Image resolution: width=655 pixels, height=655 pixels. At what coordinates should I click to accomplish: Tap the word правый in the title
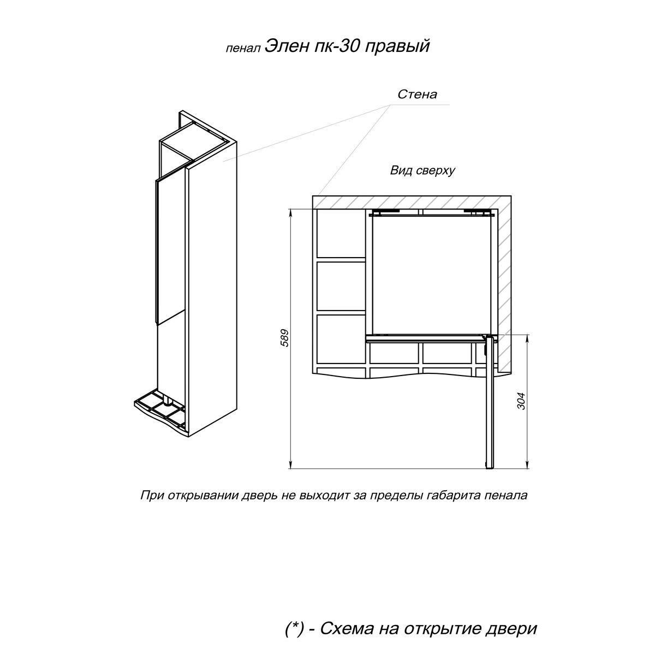click(x=397, y=47)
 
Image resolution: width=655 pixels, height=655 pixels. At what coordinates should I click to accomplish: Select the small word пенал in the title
click(x=243, y=49)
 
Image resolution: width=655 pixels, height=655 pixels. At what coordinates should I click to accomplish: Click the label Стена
click(x=417, y=94)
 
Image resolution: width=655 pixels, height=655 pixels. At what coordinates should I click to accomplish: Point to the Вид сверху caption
click(x=422, y=170)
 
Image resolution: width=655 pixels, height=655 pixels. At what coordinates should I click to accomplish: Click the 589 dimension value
click(x=284, y=338)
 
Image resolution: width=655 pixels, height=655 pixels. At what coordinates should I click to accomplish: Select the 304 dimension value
click(x=521, y=401)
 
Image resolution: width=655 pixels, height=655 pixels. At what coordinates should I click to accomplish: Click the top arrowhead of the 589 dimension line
click(x=290, y=212)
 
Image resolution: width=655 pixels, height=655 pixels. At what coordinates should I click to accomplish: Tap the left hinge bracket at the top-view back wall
click(x=385, y=212)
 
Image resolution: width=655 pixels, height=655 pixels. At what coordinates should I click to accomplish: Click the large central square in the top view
click(x=431, y=275)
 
